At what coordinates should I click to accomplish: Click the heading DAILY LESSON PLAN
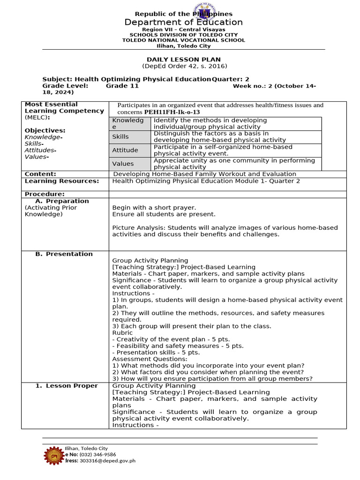click(183, 60)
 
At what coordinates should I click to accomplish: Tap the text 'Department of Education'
click(183, 22)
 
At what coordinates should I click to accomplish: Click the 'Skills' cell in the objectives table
click(120, 136)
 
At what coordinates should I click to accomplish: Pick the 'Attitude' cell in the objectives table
click(125, 150)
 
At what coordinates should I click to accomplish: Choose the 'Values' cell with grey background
click(122, 164)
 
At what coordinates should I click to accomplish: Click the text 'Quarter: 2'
click(230, 79)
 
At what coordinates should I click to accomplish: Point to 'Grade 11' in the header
click(122, 86)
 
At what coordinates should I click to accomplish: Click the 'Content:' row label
click(40, 174)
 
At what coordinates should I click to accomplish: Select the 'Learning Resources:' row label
click(61, 181)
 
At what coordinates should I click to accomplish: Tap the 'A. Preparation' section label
click(62, 201)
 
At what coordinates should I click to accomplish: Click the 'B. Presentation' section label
click(64, 254)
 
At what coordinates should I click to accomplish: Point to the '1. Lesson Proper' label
click(67, 386)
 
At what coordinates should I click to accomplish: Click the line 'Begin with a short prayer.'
click(154, 207)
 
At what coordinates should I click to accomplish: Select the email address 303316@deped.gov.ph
click(107, 461)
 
